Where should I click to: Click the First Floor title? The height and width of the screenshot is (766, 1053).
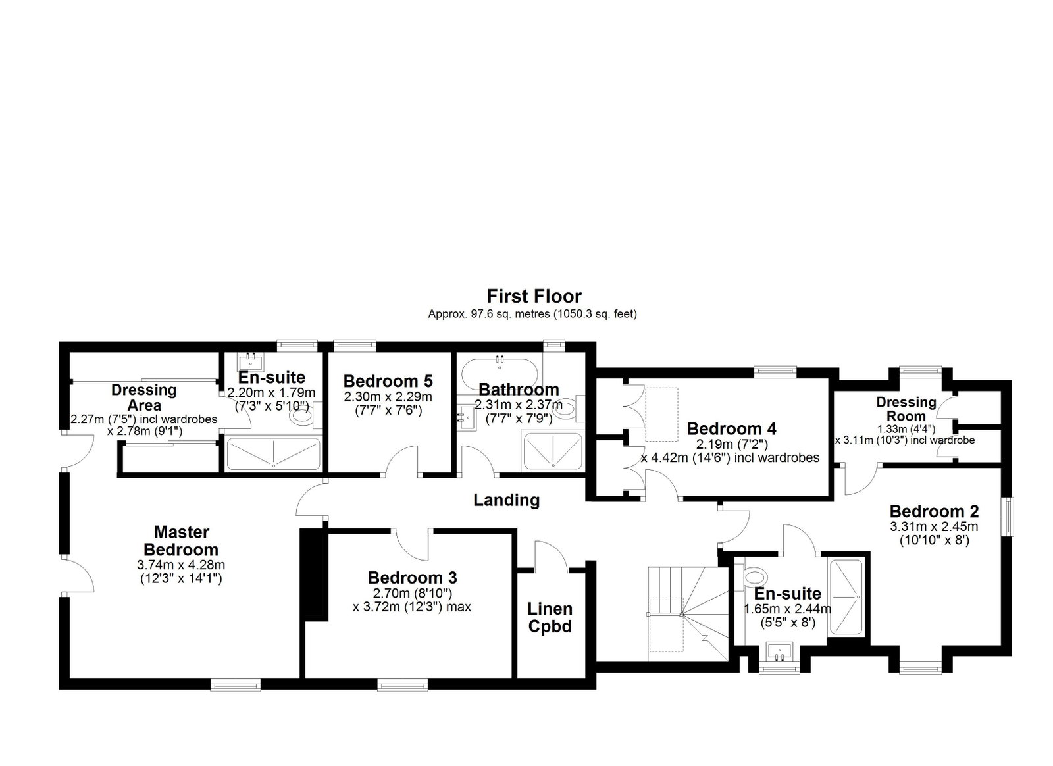(534, 297)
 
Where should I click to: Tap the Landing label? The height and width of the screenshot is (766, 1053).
(506, 500)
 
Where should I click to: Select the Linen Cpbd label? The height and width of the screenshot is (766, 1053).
(550, 617)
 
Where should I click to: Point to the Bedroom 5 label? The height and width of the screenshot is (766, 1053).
(388, 380)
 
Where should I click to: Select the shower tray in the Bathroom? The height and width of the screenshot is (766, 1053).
(553, 451)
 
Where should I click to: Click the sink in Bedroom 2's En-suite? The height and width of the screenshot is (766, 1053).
(779, 651)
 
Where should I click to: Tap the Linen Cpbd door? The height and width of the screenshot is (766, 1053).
(552, 556)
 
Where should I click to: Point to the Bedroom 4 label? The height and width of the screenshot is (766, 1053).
(731, 428)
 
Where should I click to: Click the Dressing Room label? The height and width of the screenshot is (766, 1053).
(906, 409)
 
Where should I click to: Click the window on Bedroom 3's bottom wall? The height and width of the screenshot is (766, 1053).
(402, 686)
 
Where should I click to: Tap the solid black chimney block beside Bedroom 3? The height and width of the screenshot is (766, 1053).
(313, 575)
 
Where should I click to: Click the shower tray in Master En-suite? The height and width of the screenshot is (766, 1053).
(274, 453)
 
